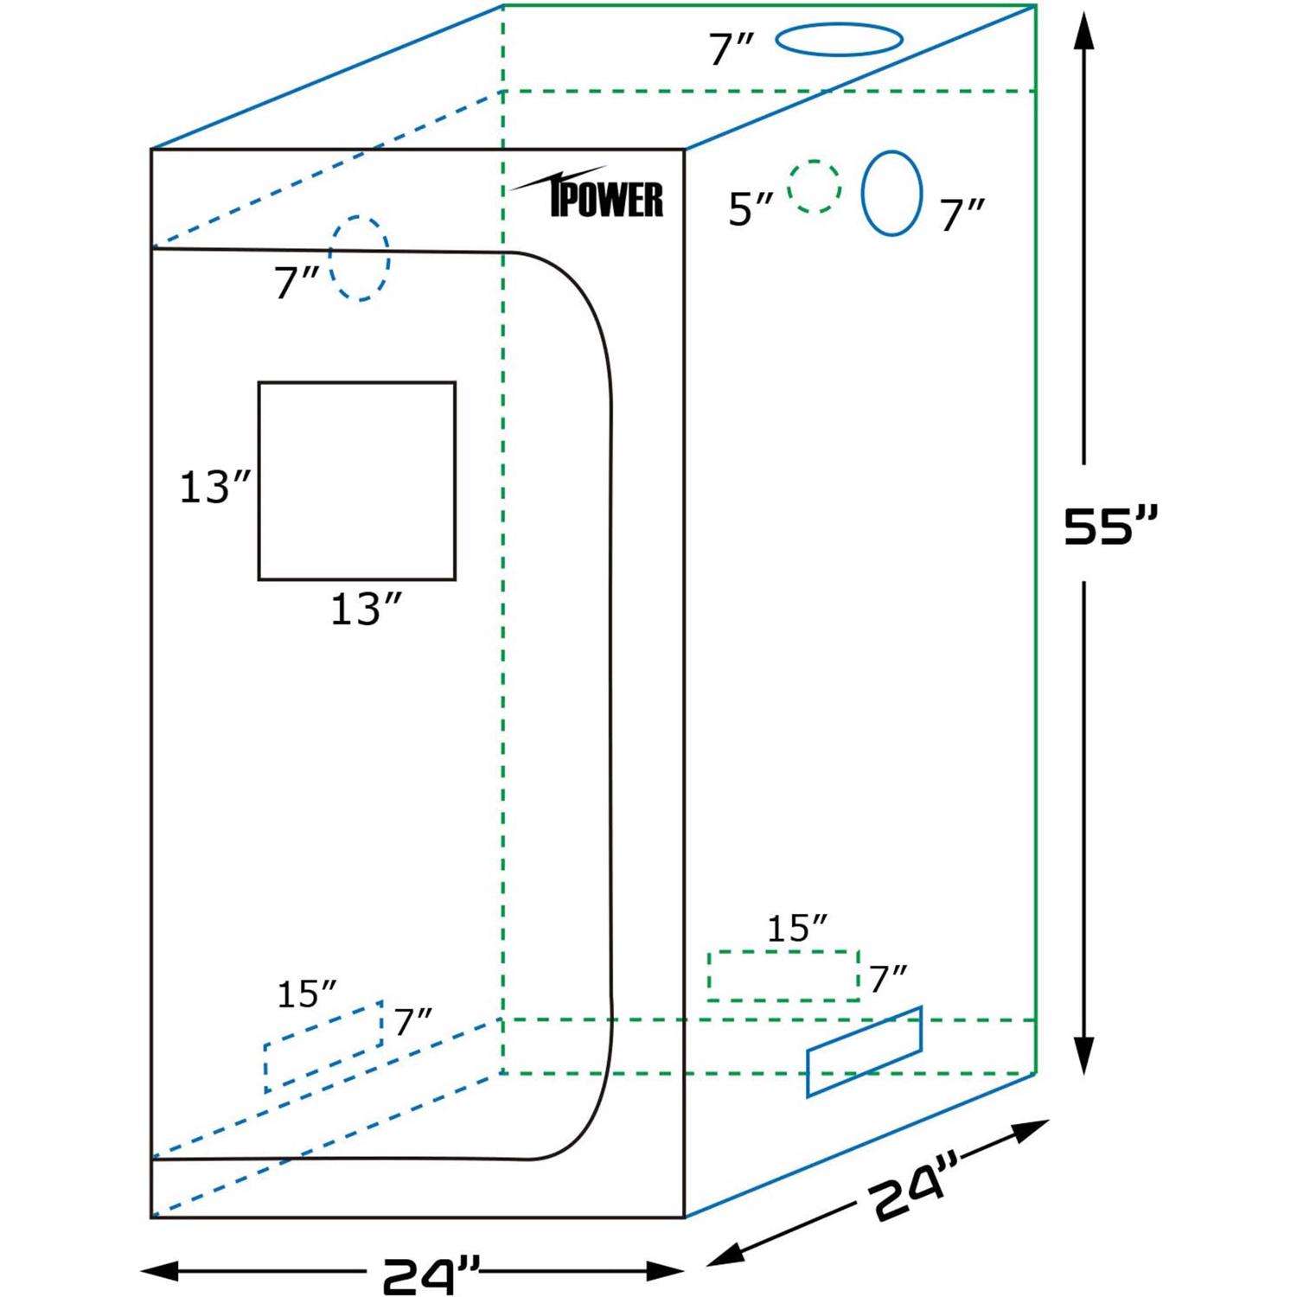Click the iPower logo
tap(597, 195)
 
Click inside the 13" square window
tap(357, 481)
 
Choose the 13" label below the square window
tap(366, 610)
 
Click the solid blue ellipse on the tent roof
tap(839, 39)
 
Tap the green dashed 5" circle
tap(814, 186)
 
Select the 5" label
tap(750, 209)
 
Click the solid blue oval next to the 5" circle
tap(891, 194)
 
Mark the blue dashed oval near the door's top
tap(359, 259)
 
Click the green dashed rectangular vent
tap(783, 976)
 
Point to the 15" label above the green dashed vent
tap(796, 929)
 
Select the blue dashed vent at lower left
tap(323, 1047)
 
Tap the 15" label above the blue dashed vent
tap(306, 995)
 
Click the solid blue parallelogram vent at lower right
tap(864, 1052)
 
